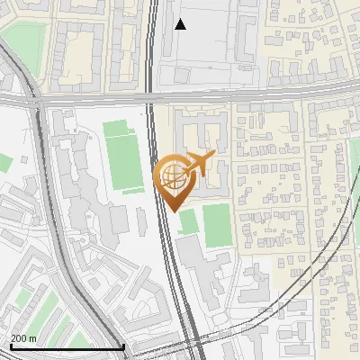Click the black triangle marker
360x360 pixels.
[x=180, y=24]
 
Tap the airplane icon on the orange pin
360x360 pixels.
[x=200, y=164]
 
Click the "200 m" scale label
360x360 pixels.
[x=23, y=337]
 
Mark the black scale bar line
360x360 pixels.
[x=67, y=347]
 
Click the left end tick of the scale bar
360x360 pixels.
[x=11, y=346]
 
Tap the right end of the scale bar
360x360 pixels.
[x=122, y=346]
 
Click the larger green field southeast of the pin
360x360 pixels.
[x=216, y=225]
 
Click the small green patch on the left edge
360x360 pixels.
[x=4, y=163]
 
